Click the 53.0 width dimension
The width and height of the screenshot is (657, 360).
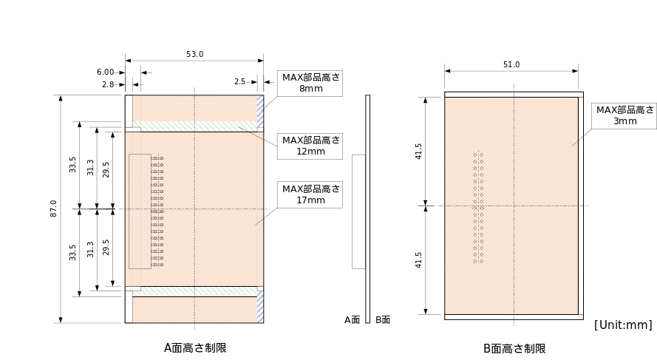(x=195, y=55)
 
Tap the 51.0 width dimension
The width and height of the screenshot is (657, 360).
(x=511, y=64)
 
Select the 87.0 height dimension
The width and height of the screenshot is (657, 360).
(x=54, y=208)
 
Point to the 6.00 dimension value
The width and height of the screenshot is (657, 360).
(x=105, y=72)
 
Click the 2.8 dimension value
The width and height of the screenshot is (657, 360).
(x=108, y=85)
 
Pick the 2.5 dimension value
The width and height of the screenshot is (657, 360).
(x=239, y=82)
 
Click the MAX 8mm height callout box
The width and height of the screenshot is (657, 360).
(x=310, y=84)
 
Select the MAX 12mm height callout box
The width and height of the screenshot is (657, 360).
(x=310, y=146)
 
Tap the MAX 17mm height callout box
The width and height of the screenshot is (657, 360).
(x=310, y=195)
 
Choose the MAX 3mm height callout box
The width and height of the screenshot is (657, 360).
(x=624, y=115)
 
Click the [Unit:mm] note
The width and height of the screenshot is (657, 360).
(x=623, y=325)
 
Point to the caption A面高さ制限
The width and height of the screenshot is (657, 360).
(x=195, y=348)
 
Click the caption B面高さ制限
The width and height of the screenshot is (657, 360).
(x=514, y=349)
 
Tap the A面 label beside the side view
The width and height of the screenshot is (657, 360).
(x=352, y=320)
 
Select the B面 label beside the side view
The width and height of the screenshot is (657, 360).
(x=383, y=320)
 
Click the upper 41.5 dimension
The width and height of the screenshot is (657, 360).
(x=418, y=152)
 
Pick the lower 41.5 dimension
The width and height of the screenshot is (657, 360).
(x=418, y=260)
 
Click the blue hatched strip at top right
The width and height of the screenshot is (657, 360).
(x=260, y=108)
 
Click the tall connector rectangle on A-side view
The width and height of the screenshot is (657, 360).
(x=140, y=211)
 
